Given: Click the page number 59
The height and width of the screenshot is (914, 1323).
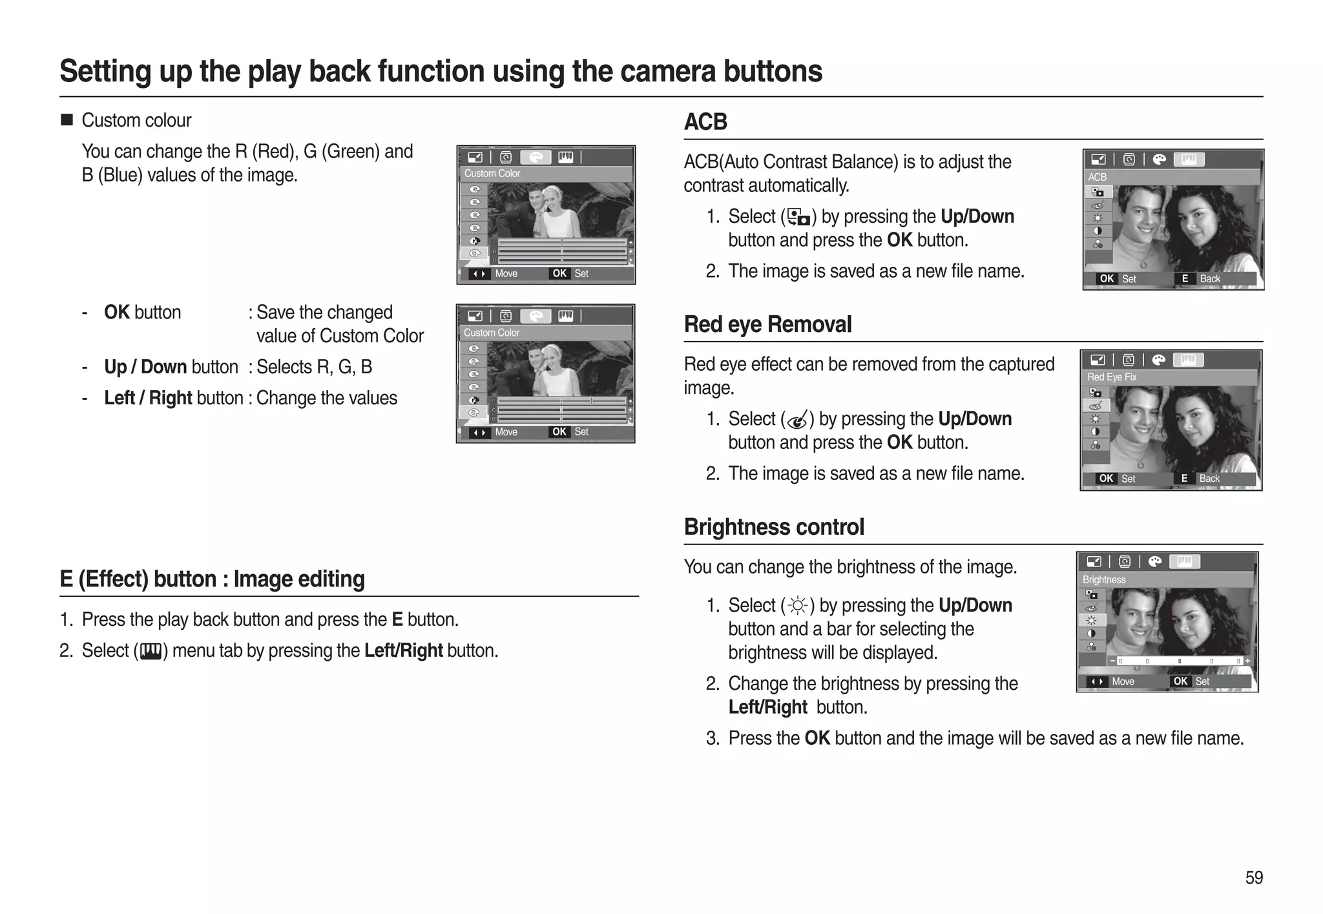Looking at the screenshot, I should click(1253, 877).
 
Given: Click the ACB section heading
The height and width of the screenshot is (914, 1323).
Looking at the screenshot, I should click(705, 121).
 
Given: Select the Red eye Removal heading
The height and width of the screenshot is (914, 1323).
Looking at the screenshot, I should click(767, 324).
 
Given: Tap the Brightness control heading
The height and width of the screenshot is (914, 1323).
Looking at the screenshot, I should click(773, 527).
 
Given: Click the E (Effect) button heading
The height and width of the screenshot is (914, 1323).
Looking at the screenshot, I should click(212, 579).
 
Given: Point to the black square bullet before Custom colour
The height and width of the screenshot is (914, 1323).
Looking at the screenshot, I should click(67, 120).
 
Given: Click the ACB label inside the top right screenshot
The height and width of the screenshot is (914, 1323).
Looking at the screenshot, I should click(1097, 177).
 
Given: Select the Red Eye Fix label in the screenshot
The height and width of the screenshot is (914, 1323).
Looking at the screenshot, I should click(1111, 377).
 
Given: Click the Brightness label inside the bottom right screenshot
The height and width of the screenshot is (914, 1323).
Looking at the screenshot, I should click(1103, 580).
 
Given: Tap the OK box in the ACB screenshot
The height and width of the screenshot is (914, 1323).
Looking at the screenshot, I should click(1107, 279).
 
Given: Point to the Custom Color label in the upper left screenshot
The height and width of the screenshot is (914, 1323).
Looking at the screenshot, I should click(492, 174).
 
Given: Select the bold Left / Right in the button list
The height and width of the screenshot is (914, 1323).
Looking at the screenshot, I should click(148, 398).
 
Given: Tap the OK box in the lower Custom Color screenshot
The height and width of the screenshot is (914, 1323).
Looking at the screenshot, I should click(559, 432).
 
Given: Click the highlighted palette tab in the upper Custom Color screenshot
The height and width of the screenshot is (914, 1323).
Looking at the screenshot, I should click(536, 158).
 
